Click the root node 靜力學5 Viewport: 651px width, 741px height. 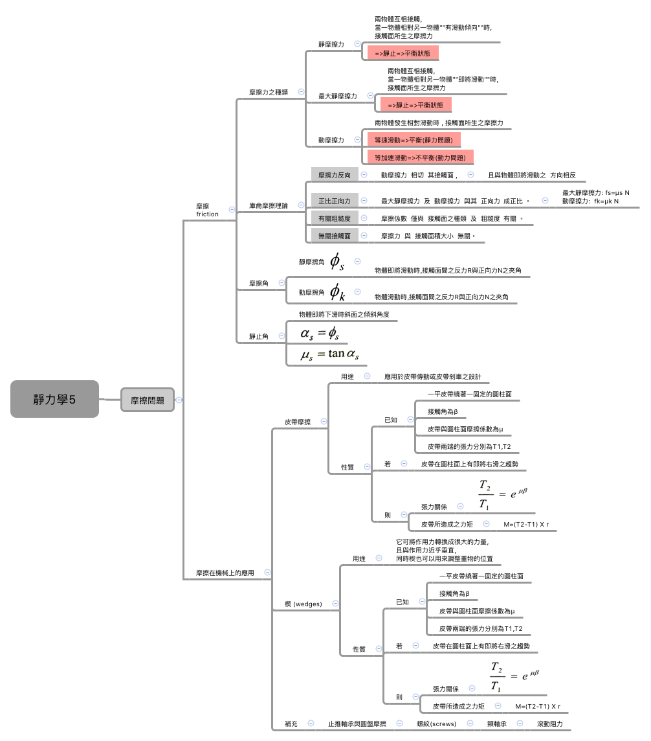click(x=54, y=399)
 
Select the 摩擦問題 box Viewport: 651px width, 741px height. click(x=148, y=400)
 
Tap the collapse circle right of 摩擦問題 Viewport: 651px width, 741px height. click(x=179, y=400)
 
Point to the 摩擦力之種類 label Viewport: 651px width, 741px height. click(x=268, y=92)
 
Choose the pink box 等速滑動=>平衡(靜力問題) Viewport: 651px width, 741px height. click(x=414, y=140)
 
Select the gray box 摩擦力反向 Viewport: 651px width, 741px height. click(x=334, y=175)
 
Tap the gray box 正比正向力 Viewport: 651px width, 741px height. click(x=334, y=201)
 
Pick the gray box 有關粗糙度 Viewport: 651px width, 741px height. click(x=334, y=219)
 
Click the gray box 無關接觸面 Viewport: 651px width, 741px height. click(x=334, y=236)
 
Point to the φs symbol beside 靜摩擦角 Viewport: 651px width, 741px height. click(x=337, y=262)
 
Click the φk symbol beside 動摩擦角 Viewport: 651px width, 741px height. click(x=337, y=292)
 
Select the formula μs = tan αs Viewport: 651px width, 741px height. click(x=329, y=354)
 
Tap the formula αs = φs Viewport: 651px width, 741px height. click(x=320, y=333)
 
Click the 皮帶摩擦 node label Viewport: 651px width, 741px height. click(x=297, y=422)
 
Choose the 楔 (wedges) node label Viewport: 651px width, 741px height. click(x=303, y=604)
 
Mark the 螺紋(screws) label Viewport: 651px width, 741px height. click(x=436, y=724)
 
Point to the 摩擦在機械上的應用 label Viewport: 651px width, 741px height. click(x=225, y=573)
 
